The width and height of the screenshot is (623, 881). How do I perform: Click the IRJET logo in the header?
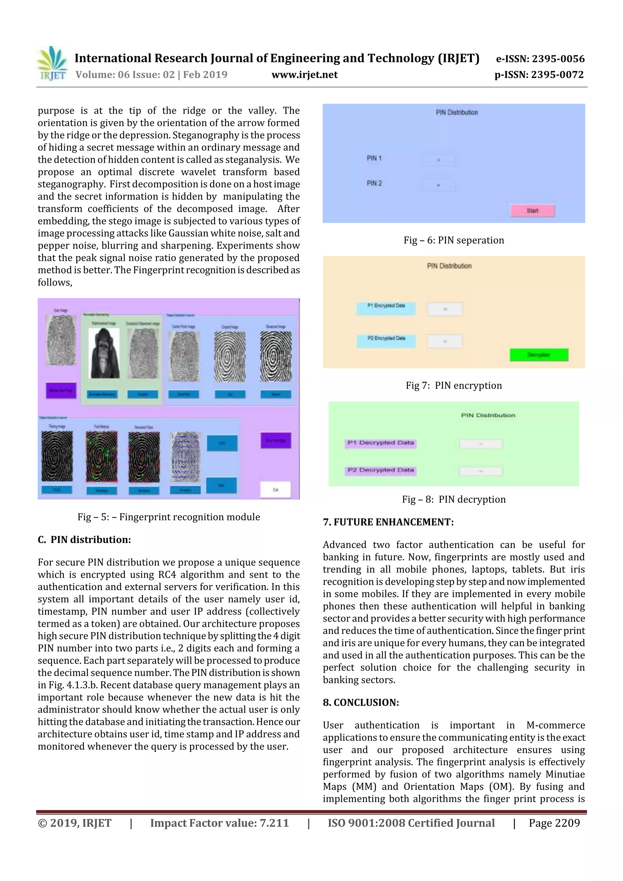(x=52, y=63)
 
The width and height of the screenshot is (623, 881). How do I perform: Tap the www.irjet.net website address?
(x=305, y=75)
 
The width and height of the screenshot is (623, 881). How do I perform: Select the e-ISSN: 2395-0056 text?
(x=540, y=59)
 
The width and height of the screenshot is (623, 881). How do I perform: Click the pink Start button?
(x=532, y=211)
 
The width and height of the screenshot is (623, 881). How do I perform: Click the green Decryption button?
(x=538, y=355)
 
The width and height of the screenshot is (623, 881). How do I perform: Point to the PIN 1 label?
(x=374, y=158)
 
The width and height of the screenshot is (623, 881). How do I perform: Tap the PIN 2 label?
(x=374, y=183)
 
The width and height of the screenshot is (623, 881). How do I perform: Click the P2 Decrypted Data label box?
(x=381, y=470)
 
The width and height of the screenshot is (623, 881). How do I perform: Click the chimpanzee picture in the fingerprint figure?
(x=104, y=353)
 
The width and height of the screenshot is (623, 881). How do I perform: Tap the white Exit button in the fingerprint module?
(x=275, y=490)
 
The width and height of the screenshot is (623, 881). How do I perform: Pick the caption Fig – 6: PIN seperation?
(x=454, y=240)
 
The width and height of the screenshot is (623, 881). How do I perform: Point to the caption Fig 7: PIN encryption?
(x=454, y=385)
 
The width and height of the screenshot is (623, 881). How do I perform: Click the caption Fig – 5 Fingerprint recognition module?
(x=169, y=517)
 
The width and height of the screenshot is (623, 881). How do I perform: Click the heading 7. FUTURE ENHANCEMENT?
(x=388, y=522)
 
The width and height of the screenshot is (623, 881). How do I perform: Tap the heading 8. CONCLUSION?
(x=361, y=702)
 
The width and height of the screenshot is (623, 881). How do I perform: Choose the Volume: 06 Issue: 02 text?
(x=125, y=75)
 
